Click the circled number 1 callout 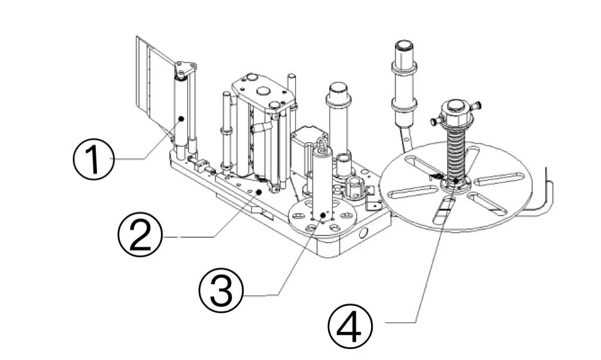pyautogui.click(x=93, y=159)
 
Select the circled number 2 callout pyautogui.click(x=140, y=234)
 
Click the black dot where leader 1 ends pyautogui.click(x=181, y=119)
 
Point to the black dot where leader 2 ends pyautogui.click(x=259, y=191)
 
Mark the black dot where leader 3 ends pyautogui.click(x=323, y=215)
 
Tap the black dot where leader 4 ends pyautogui.click(x=455, y=180)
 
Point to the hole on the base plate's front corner pyautogui.click(x=362, y=233)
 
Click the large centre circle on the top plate pyautogui.click(x=263, y=91)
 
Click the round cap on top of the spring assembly pyautogui.click(x=456, y=106)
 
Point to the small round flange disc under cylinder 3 pyautogui.click(x=323, y=219)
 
